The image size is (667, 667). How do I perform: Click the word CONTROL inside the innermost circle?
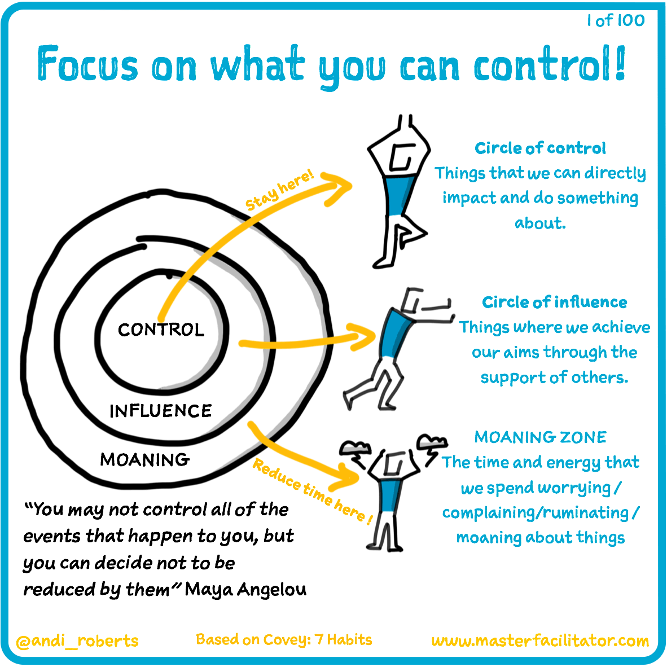[x=161, y=330]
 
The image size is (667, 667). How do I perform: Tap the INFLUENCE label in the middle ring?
[x=161, y=411]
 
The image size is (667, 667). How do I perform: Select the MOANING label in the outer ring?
[x=144, y=460]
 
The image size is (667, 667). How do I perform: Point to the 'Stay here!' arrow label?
[x=280, y=190]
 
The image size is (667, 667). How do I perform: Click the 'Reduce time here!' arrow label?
[x=312, y=490]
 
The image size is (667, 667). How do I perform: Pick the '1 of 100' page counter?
[x=616, y=21]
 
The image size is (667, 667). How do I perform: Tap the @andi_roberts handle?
[x=77, y=641]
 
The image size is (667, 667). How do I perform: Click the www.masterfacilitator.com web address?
[x=540, y=641]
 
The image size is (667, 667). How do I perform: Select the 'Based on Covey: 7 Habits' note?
[x=284, y=639]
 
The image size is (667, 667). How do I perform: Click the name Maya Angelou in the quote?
[x=246, y=590]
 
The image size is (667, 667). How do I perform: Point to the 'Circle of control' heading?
[x=540, y=148]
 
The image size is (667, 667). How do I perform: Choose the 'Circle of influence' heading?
[x=554, y=302]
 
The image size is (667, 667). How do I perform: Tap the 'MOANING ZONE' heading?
[x=540, y=437]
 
